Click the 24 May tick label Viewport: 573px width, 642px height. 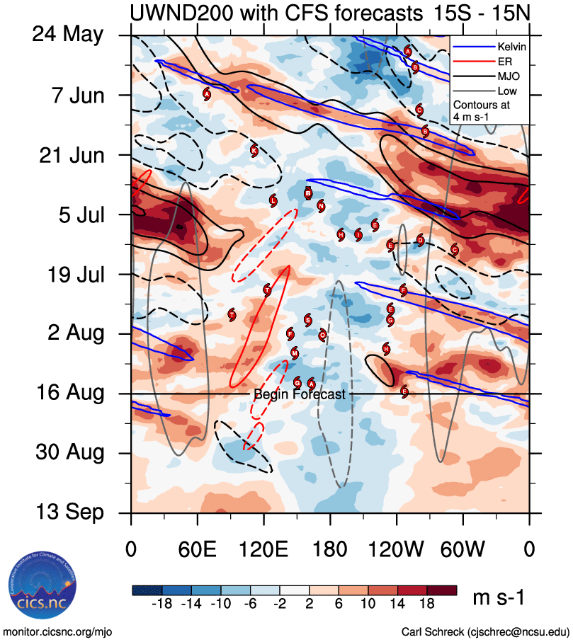tap(67, 35)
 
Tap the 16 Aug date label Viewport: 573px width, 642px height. tap(70, 393)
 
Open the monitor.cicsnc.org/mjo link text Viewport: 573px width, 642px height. tap(58, 631)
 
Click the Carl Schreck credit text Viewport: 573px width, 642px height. tap(485, 631)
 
